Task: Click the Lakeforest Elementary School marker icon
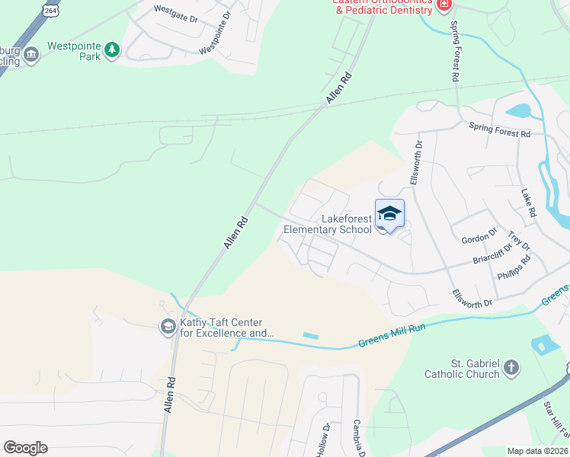pyautogui.click(x=389, y=214)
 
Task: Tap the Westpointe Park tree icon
pyautogui.click(x=113, y=50)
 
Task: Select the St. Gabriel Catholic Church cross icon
pyautogui.click(x=511, y=369)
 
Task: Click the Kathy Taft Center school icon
pyautogui.click(x=167, y=327)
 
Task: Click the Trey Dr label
pyautogui.click(x=519, y=241)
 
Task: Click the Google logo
pyautogui.click(x=25, y=448)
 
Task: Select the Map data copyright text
pyautogui.click(x=536, y=451)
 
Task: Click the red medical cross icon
pyautogui.click(x=445, y=5)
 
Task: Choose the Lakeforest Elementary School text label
pyautogui.click(x=328, y=224)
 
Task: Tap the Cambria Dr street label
pyautogui.click(x=357, y=438)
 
